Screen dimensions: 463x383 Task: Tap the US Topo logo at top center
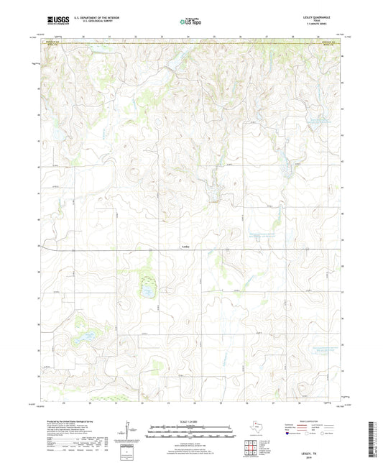[x=190, y=22]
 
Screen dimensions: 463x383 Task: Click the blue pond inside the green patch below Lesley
[x=147, y=291]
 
